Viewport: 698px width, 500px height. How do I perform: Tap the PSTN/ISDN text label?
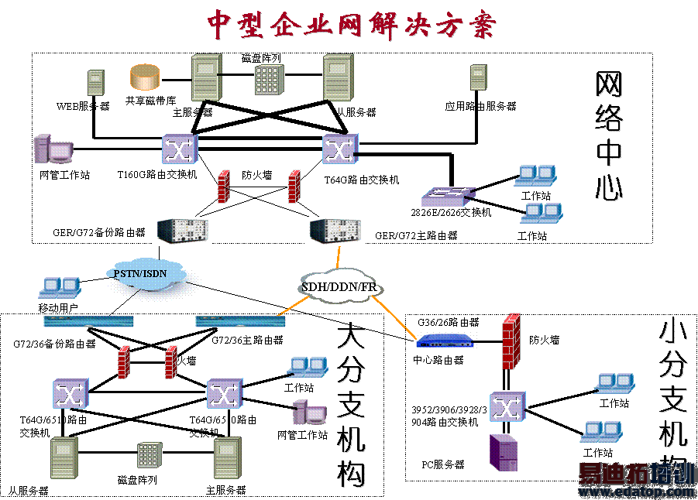(x=140, y=273)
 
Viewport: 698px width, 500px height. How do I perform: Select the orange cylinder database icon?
(x=145, y=77)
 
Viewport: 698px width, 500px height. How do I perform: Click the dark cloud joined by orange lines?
(x=341, y=285)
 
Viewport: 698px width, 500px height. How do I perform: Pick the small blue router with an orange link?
(x=446, y=339)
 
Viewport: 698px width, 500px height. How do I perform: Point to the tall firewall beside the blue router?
(x=511, y=341)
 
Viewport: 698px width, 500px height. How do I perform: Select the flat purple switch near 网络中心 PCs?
(x=448, y=196)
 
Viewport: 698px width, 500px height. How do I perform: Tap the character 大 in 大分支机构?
(x=352, y=339)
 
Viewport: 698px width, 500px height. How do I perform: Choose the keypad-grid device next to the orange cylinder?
(x=269, y=80)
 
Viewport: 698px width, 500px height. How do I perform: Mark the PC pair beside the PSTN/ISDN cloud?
(x=60, y=288)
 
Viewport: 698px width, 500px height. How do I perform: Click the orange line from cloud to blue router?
(x=394, y=318)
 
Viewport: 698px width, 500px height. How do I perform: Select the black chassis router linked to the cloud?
(x=335, y=230)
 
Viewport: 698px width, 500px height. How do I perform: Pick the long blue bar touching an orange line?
(x=239, y=320)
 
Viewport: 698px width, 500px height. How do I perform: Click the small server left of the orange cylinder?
(x=95, y=82)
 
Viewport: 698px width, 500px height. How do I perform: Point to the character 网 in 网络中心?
(x=610, y=85)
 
